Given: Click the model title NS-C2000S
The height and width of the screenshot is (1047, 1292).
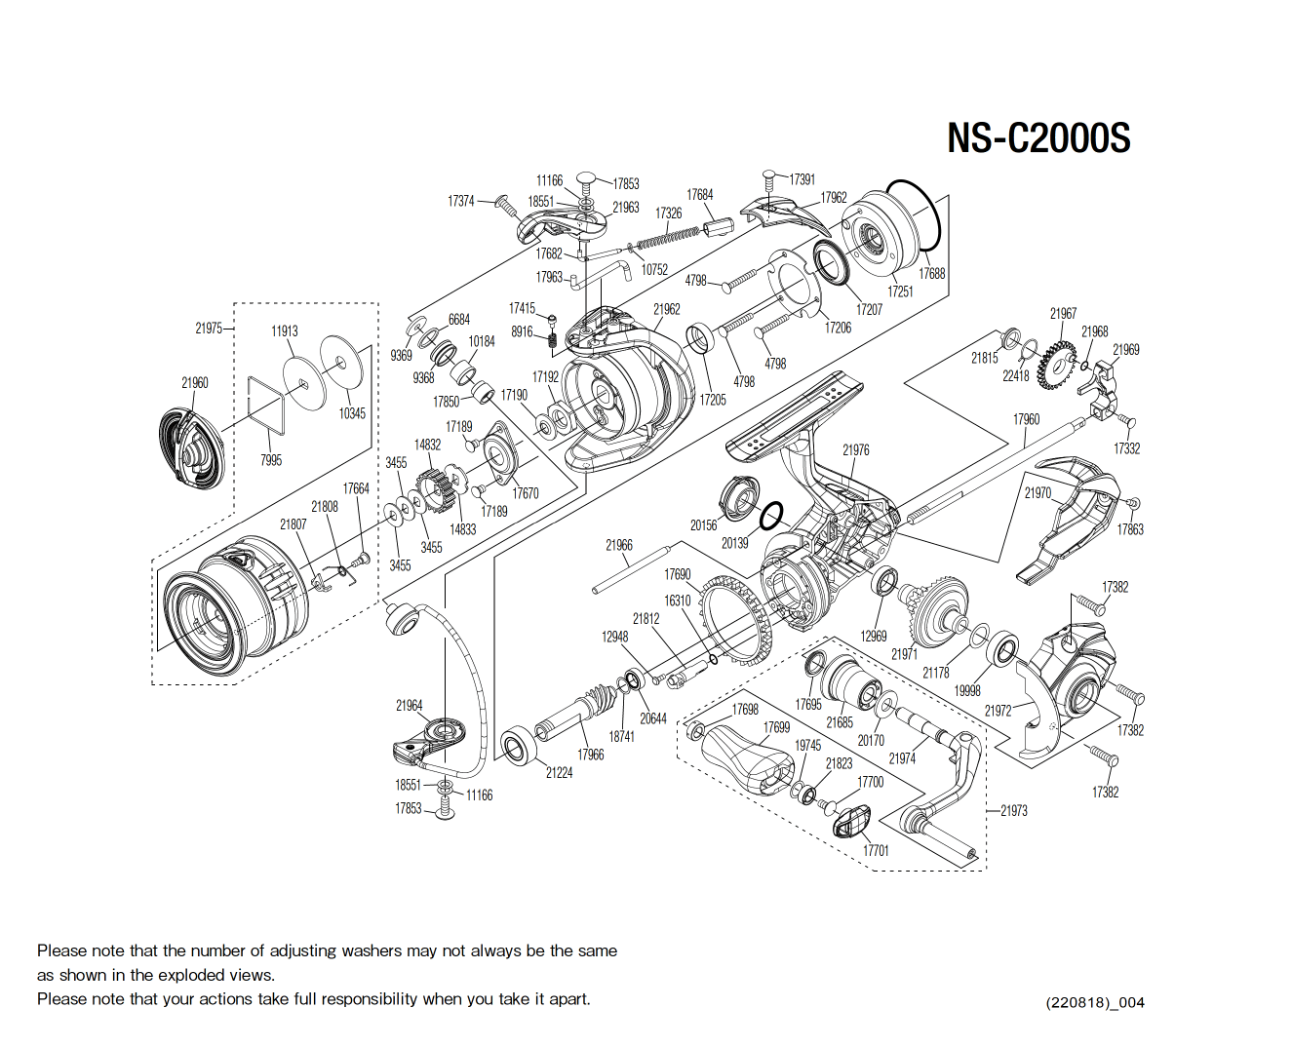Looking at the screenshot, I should click(x=1038, y=137).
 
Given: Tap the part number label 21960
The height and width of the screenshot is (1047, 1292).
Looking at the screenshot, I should click(x=195, y=383).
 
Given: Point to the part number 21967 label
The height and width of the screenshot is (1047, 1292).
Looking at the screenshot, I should click(x=1063, y=314).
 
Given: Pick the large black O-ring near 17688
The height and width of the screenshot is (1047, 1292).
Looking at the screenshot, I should click(x=913, y=216).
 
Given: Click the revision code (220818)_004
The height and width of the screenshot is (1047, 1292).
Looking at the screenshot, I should click(x=1094, y=1002).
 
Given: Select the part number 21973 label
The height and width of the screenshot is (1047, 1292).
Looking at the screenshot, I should click(x=1013, y=811).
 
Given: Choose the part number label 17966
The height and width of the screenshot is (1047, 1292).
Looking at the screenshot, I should click(x=590, y=755).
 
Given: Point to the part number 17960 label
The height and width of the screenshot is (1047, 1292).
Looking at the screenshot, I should click(x=1026, y=419).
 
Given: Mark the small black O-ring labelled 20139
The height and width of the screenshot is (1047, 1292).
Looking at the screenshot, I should click(x=770, y=516).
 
